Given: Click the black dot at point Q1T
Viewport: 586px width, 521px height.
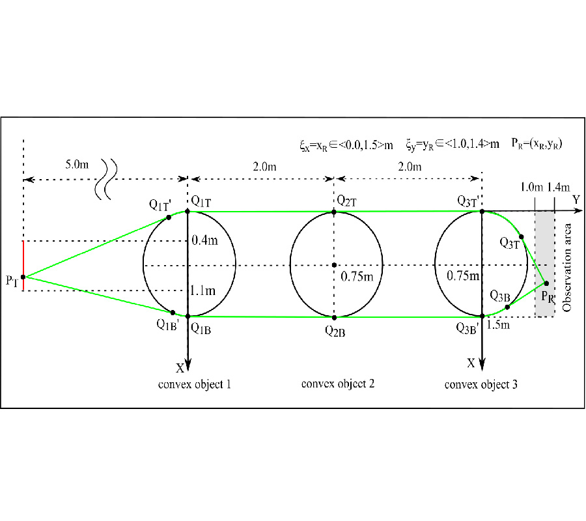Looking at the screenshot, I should pos(188,211).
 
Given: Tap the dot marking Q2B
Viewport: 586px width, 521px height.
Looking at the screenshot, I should pos(334,317).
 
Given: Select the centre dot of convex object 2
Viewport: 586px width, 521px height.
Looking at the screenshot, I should pos(334,265).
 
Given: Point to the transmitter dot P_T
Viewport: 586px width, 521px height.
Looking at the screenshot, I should pos(23,277).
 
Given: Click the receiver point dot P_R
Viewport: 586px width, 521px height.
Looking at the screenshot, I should pos(546,283).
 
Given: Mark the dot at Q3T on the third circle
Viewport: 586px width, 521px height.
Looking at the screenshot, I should pos(521,236).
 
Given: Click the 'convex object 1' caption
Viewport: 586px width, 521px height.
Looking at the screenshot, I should pos(195,384).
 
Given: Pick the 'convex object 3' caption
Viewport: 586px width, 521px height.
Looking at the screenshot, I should pos(481,384).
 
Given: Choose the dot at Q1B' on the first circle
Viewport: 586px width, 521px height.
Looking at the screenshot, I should pos(173,312).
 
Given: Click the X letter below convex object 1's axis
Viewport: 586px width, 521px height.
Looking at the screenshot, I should pos(180,368).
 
